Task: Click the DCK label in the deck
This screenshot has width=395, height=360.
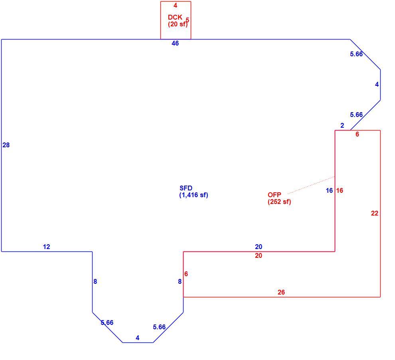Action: coord(175,18)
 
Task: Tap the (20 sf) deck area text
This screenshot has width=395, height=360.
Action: coord(178,24)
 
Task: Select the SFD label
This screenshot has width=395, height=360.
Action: coord(186,188)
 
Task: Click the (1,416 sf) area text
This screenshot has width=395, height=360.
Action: coord(194,195)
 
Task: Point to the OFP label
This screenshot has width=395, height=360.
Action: coord(275,195)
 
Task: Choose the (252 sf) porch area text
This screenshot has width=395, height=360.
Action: coord(279,202)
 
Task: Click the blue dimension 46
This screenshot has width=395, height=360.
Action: coord(175,44)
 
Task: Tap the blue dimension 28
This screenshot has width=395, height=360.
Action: coord(6,145)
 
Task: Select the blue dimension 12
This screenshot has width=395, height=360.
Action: coord(47,247)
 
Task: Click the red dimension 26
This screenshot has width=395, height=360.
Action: coord(281,292)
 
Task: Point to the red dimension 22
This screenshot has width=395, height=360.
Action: coord(375,214)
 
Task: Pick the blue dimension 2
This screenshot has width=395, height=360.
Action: coord(342,125)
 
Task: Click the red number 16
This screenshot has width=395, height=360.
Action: coord(340,190)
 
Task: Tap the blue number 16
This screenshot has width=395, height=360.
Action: coord(329,190)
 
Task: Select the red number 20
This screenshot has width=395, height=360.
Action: coord(259,256)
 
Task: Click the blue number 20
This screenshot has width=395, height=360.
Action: coord(259,247)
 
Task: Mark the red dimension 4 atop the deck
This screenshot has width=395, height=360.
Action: coord(175,5)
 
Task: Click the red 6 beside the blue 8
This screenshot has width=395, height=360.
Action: coord(186,274)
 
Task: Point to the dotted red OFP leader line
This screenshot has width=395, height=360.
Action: coord(311,185)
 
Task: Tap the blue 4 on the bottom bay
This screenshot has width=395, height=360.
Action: coord(138,338)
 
